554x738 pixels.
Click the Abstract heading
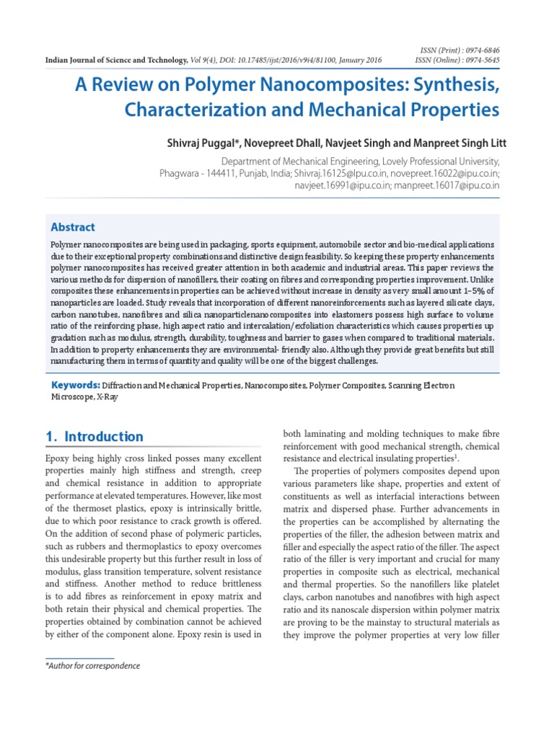pyautogui.click(x=72, y=227)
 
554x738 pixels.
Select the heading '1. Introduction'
pyautogui.click(x=94, y=437)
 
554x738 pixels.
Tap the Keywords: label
pyautogui.click(x=74, y=386)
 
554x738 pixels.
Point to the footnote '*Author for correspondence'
pyautogui.click(x=92, y=666)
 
